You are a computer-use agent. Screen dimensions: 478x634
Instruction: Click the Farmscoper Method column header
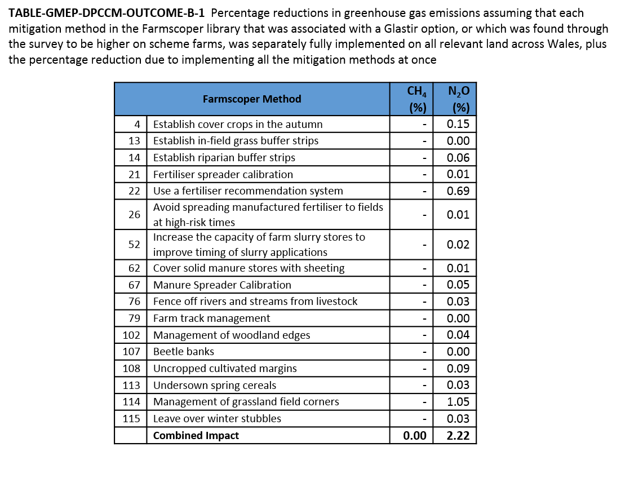click(252, 99)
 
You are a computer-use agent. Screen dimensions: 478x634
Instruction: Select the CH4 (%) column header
click(411, 99)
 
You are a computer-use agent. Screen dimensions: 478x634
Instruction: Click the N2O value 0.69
click(458, 191)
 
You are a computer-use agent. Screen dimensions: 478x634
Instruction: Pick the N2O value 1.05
click(458, 402)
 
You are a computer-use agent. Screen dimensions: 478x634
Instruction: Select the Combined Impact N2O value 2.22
click(458, 436)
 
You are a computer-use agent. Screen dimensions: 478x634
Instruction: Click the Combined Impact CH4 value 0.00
click(414, 436)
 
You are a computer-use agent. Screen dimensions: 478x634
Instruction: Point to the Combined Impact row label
click(196, 436)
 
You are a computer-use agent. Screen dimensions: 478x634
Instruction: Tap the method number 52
click(134, 245)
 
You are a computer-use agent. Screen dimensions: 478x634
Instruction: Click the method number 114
click(131, 402)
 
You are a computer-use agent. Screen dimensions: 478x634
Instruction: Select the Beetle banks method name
click(184, 352)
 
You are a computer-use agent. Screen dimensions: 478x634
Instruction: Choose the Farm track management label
click(211, 318)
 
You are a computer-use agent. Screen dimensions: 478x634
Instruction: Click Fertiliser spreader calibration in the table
click(223, 175)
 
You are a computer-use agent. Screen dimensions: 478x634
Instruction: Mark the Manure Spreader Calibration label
click(222, 285)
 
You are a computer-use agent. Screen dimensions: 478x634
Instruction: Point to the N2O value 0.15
click(458, 124)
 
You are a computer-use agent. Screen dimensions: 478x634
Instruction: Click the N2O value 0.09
click(458, 369)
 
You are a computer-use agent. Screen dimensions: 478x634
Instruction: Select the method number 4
click(137, 124)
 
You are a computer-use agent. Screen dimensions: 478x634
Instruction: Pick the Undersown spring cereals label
click(215, 386)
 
